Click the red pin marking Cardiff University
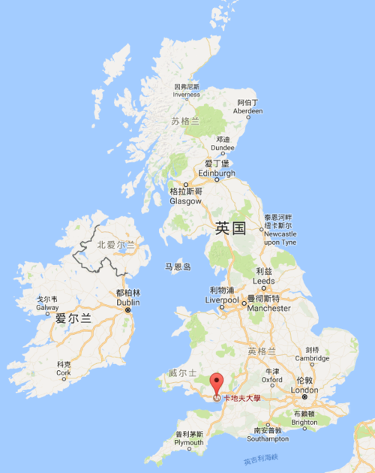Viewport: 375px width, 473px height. [x=216, y=382]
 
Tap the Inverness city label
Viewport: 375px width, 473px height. [x=187, y=91]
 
